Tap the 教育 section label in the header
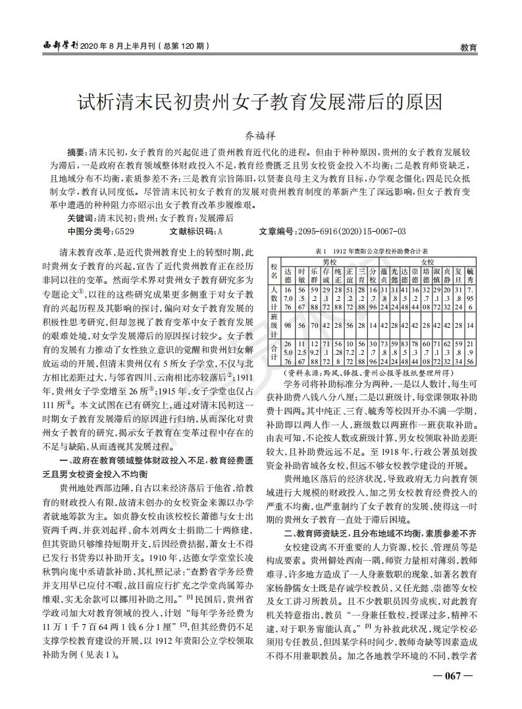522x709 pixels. tap(468, 47)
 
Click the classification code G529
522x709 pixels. tap(124, 230)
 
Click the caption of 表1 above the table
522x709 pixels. tap(372, 251)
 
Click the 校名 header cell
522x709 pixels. tap(274, 270)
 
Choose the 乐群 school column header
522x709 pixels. tap(314, 275)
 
